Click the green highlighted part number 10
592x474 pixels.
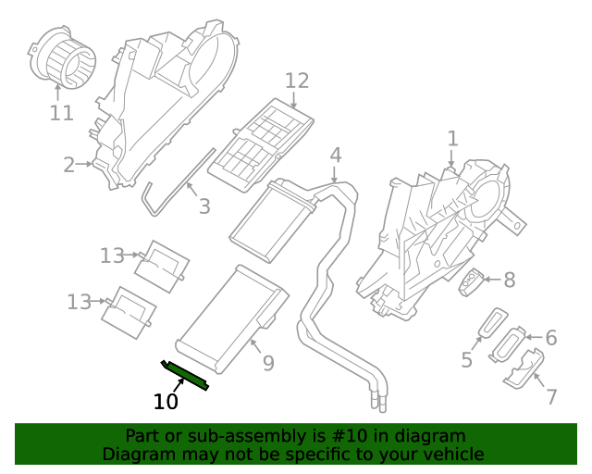click(185, 374)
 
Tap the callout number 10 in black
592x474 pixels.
click(166, 403)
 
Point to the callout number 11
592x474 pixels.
click(61, 113)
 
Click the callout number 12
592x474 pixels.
click(296, 81)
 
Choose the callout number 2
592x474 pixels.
click(69, 165)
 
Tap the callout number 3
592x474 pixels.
click(204, 206)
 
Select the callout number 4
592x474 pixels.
click(336, 155)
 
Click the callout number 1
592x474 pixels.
click(452, 139)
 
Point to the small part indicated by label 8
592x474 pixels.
click(472, 281)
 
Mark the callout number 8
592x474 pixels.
click(509, 279)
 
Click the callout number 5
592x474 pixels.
click(467, 359)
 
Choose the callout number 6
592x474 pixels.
click(550, 338)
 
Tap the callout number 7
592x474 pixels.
click(551, 397)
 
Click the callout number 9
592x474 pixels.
click(268, 364)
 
